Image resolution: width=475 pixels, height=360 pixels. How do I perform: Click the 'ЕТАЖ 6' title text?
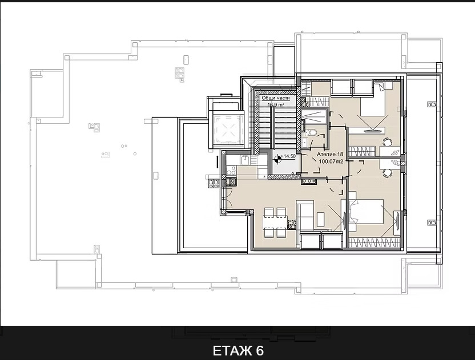click(x=237, y=350)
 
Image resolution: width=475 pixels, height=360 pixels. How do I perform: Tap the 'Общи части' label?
click(x=276, y=98)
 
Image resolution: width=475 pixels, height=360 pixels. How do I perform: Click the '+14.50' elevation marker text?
click(x=288, y=156)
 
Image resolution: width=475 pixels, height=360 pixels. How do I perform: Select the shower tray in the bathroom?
click(x=315, y=116)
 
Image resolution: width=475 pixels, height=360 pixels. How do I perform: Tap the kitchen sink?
click(x=232, y=170)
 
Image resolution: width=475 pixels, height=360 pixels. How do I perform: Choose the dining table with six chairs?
click(x=274, y=223)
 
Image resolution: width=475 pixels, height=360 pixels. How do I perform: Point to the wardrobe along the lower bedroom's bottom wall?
click(x=366, y=242)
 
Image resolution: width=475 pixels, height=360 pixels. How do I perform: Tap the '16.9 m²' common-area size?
click(x=276, y=105)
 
